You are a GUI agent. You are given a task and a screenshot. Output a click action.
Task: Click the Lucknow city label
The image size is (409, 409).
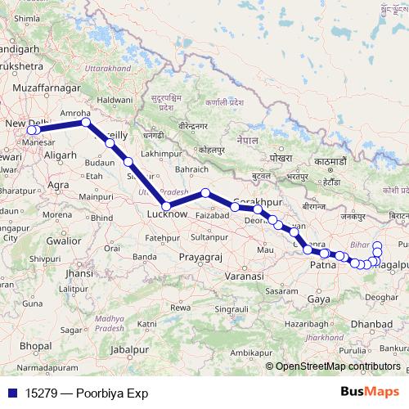(167, 215)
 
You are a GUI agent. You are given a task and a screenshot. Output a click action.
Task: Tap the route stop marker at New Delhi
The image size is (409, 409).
(34, 129)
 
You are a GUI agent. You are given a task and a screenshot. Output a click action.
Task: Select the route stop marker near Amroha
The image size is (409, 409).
(86, 123)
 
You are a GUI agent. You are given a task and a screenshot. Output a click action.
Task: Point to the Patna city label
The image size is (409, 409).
(324, 264)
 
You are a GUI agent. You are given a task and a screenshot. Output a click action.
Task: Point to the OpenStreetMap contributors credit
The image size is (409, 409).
(337, 366)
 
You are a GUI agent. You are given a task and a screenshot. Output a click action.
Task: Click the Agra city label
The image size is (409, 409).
(58, 186)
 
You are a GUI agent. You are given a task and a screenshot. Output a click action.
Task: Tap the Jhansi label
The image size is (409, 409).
(79, 273)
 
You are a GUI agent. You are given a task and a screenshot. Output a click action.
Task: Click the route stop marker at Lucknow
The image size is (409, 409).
(166, 206)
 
